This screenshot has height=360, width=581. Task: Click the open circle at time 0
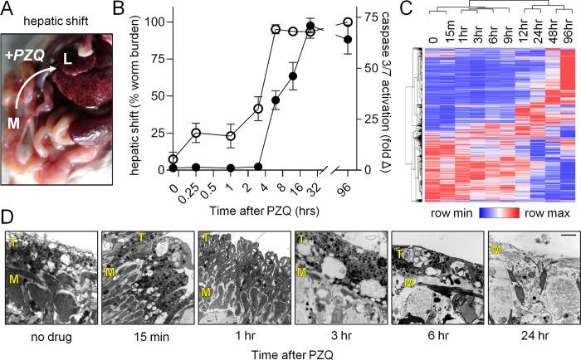172,158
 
